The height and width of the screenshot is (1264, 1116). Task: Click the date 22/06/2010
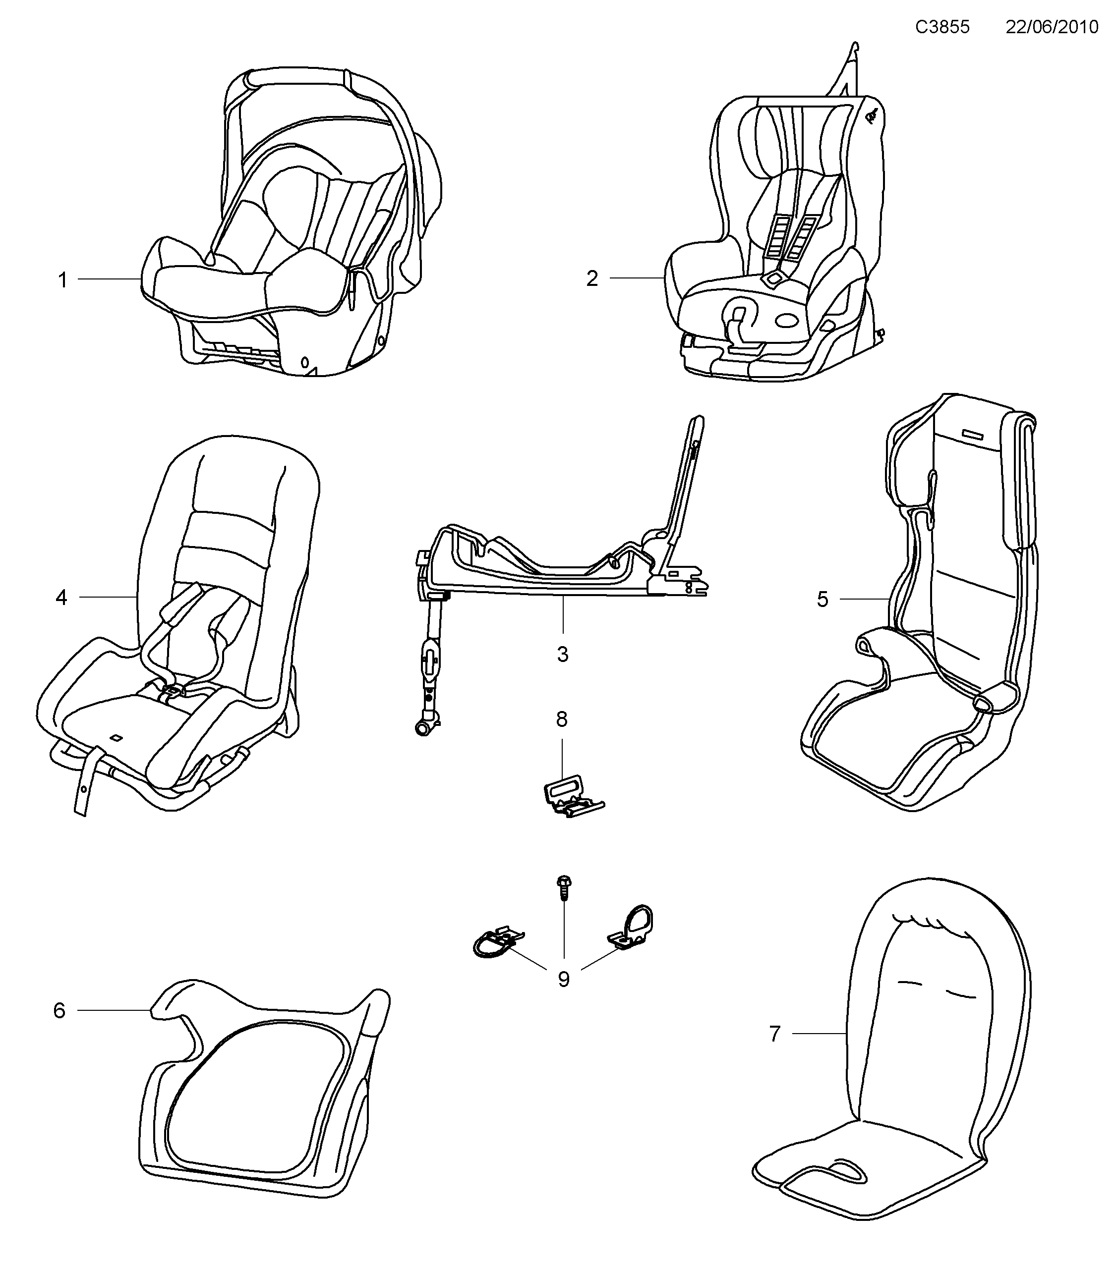click(1051, 27)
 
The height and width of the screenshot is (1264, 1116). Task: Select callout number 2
click(592, 279)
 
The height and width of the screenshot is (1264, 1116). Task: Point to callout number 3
click(562, 654)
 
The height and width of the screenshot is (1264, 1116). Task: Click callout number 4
click(61, 598)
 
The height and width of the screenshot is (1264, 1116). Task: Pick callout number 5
click(822, 599)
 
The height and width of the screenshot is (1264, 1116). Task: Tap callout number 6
click(59, 1010)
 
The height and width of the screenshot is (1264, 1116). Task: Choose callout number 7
click(775, 1033)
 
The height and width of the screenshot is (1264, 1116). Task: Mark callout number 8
click(562, 719)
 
